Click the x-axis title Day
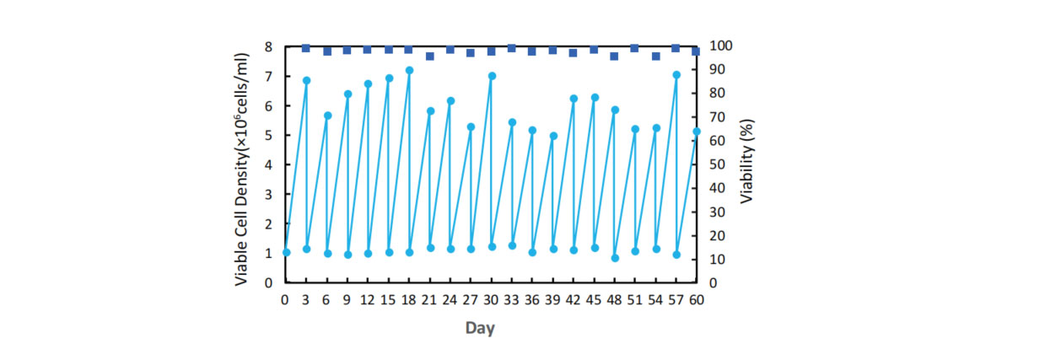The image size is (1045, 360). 480,328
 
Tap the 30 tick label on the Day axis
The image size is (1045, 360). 491,300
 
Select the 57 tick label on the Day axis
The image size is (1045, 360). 676,300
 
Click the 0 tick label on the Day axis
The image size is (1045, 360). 285,300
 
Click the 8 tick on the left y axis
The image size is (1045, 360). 268,46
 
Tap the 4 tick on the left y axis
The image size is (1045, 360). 268,164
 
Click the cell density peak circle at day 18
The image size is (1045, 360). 410,71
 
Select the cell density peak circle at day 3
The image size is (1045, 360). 307,81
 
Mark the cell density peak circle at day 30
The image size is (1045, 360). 492,76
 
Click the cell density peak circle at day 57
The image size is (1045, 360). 676,75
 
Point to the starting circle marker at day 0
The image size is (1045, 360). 286,252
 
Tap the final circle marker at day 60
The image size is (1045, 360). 697,132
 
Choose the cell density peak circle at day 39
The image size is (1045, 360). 553,136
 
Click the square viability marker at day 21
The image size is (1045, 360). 430,56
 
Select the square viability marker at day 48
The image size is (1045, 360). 615,56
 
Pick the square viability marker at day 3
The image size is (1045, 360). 306,48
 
